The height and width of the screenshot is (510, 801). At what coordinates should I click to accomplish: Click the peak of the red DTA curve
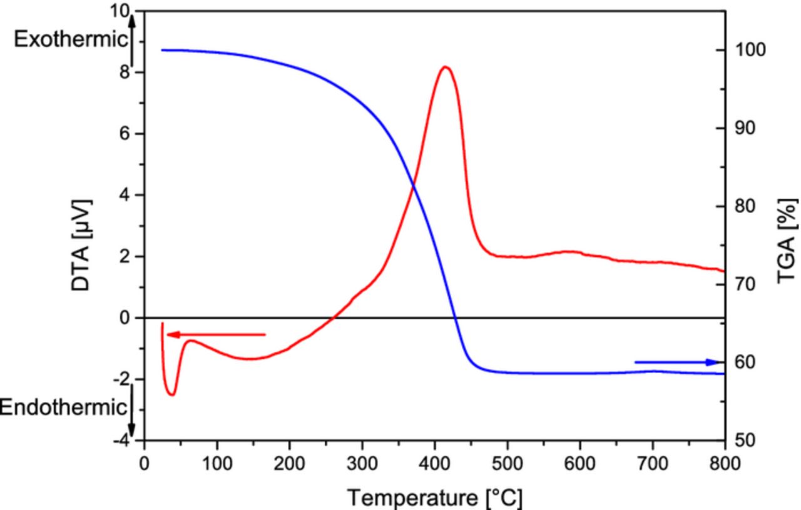point(445,67)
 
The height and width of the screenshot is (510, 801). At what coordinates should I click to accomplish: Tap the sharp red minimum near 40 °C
point(171,394)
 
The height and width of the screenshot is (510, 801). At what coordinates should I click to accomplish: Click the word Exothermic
point(70,39)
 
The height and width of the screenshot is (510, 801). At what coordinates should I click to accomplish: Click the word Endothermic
point(63,408)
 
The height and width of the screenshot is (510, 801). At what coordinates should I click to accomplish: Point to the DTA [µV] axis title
point(81,246)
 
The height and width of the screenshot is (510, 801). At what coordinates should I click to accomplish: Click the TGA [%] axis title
point(788,241)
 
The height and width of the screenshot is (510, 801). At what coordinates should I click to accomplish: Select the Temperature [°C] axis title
point(434,498)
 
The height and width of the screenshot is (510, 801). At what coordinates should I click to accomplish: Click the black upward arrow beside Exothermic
point(132,41)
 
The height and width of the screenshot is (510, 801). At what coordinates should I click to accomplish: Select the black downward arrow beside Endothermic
point(132,409)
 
